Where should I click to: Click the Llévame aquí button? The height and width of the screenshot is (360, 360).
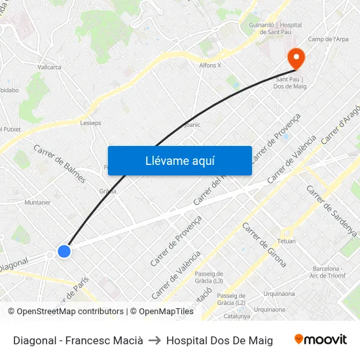click(x=179, y=160)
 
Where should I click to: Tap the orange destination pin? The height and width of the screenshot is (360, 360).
click(x=296, y=58)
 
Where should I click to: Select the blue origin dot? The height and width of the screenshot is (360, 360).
click(x=63, y=251)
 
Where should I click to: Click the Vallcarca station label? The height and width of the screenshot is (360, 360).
click(x=49, y=67)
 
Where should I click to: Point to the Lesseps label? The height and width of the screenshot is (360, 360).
click(x=90, y=122)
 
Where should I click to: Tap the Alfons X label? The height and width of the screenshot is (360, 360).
click(x=210, y=65)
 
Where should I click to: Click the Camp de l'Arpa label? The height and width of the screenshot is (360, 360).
click(x=328, y=39)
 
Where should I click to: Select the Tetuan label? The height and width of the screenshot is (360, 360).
click(x=287, y=241)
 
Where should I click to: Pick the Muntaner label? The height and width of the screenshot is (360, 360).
click(x=37, y=202)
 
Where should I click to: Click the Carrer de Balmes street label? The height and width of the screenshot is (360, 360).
click(x=60, y=163)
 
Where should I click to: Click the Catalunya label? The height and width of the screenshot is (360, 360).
click(x=237, y=316)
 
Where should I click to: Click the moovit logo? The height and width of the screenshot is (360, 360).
click(x=321, y=340)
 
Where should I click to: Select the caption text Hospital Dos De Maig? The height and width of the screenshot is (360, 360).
click(x=219, y=340)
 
